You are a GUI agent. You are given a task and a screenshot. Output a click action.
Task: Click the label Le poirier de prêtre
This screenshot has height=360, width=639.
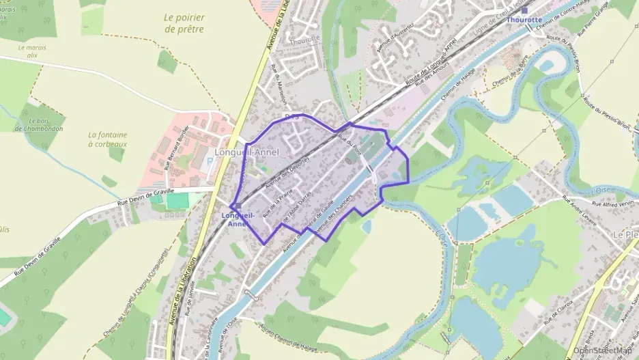[x=184, y=23]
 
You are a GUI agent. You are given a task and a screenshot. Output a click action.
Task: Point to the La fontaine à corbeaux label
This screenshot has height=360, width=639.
[x=108, y=139]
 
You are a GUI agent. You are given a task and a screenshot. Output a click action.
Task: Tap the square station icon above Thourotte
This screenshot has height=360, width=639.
[x=524, y=10]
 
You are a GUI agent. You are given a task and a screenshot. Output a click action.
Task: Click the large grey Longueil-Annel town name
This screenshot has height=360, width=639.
[x=246, y=152]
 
